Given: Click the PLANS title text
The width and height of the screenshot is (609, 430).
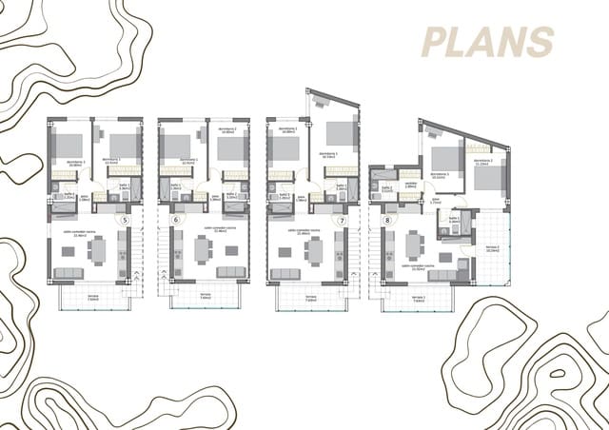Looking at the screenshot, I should coord(488,41).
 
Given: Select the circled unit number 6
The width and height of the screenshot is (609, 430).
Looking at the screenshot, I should coord(175,220).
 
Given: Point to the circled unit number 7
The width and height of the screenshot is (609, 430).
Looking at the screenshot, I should coord(343,220).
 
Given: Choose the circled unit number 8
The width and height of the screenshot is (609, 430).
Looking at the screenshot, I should coord(387,220).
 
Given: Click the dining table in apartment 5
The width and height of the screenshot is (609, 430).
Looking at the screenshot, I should coord(97,250).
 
